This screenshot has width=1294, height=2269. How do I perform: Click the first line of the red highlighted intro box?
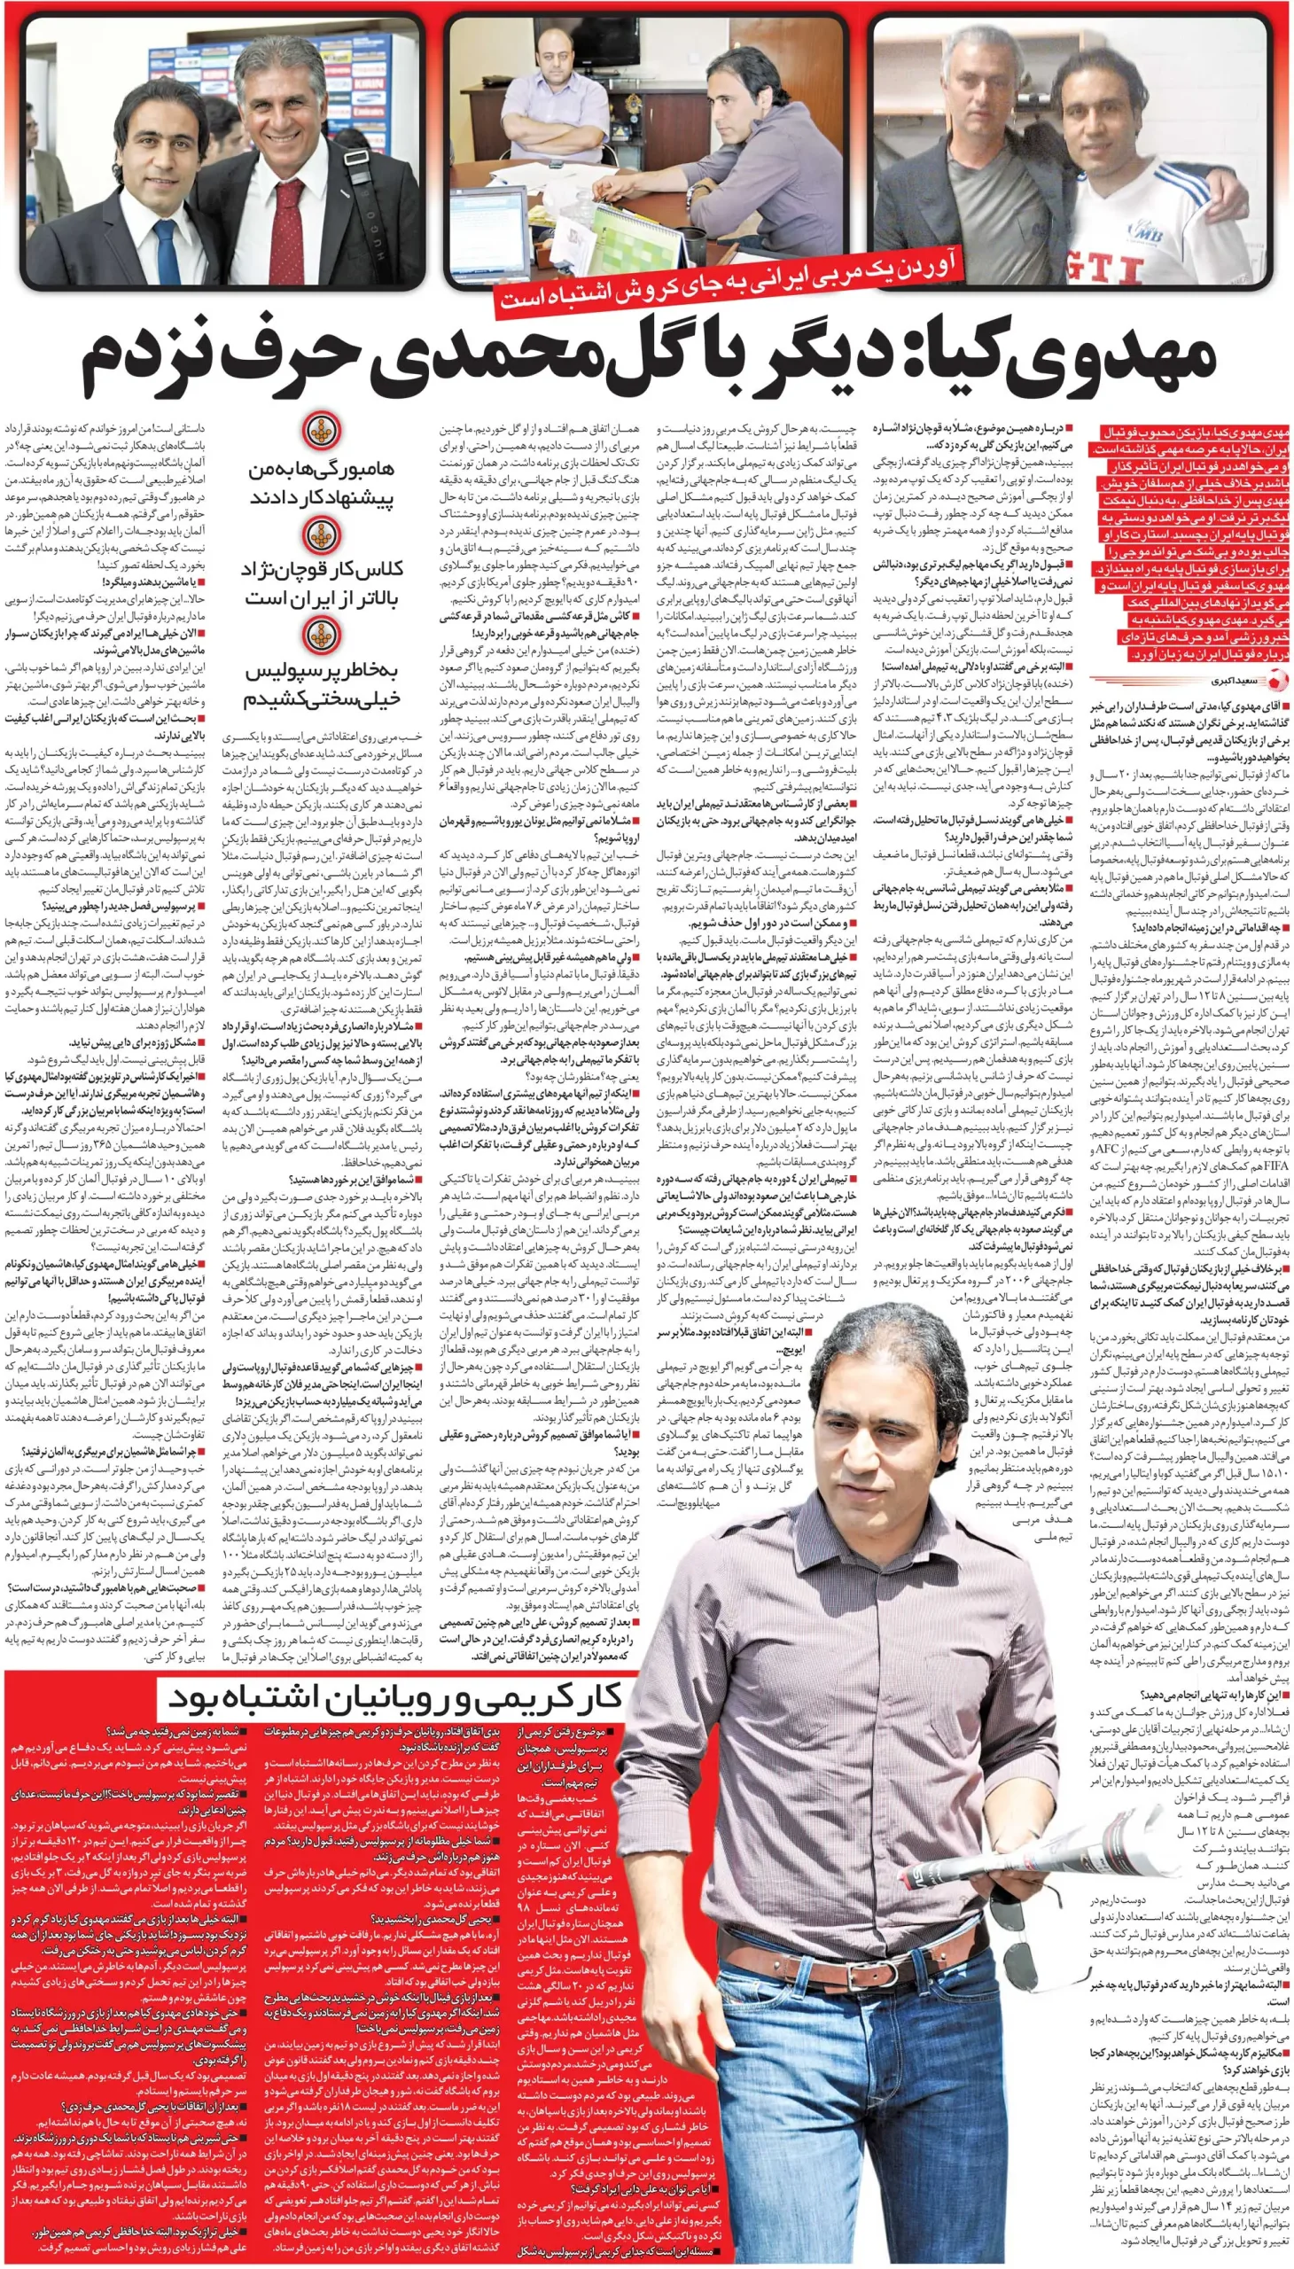click(x=1191, y=433)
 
